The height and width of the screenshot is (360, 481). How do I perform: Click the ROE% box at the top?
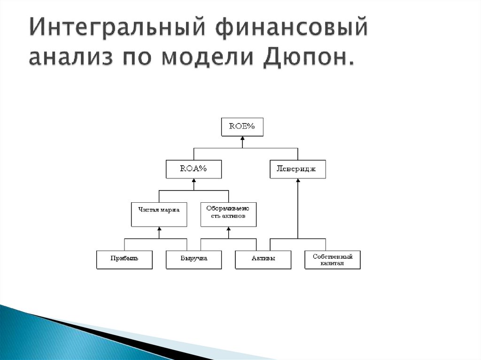pyautogui.click(x=242, y=127)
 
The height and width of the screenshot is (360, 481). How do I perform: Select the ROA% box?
pyautogui.click(x=194, y=169)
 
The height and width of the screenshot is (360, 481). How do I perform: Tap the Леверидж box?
pyautogui.click(x=298, y=169)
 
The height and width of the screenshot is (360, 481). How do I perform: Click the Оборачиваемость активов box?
pyautogui.click(x=228, y=214)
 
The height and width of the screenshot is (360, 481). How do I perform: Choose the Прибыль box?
pyautogui.click(x=124, y=259)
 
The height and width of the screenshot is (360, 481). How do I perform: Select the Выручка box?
pyautogui.click(x=194, y=259)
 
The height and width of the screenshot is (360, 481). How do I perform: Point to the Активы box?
pyautogui.click(x=263, y=259)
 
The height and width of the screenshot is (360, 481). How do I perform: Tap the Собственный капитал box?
pyautogui.click(x=332, y=259)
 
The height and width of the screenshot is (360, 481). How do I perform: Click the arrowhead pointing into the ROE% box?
pyautogui.click(x=242, y=139)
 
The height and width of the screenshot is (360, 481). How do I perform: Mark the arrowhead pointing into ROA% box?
pyautogui.click(x=194, y=181)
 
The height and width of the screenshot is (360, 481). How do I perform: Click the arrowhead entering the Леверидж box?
pyautogui.click(x=298, y=181)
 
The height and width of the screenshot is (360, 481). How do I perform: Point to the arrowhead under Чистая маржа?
pyautogui.click(x=159, y=229)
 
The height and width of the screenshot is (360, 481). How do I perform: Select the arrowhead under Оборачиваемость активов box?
pyautogui.click(x=228, y=229)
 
